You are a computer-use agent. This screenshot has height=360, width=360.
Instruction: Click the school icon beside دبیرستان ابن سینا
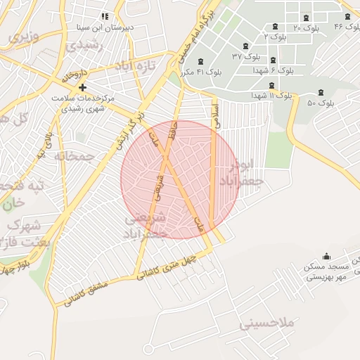(x=105, y=16)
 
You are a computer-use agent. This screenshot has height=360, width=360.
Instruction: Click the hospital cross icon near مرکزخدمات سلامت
(x=83, y=87)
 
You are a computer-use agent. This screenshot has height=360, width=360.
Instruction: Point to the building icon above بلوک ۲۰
(x=305, y=18)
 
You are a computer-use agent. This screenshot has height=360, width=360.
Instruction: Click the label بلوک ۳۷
(x=247, y=56)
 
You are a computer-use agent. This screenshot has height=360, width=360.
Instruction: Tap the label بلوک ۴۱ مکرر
(x=201, y=72)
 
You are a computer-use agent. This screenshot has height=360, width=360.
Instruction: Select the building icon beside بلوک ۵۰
(x=321, y=92)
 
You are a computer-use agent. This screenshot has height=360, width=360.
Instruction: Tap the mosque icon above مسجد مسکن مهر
(x=326, y=257)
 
